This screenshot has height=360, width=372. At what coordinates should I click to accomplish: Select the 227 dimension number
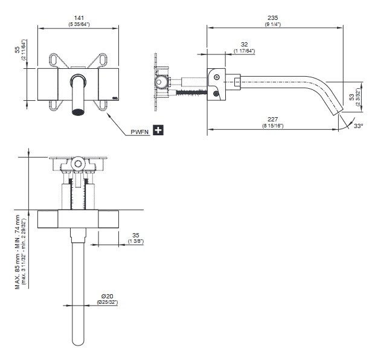pos(273,119)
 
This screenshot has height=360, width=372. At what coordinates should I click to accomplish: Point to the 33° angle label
pos(358,126)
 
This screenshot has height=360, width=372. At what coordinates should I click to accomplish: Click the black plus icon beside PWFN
pos(159,130)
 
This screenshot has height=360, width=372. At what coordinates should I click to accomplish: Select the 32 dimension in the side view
pos(244,44)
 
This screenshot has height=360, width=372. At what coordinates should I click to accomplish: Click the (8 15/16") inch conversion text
pos(273,126)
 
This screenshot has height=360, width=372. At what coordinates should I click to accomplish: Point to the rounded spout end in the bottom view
pos(77,341)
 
